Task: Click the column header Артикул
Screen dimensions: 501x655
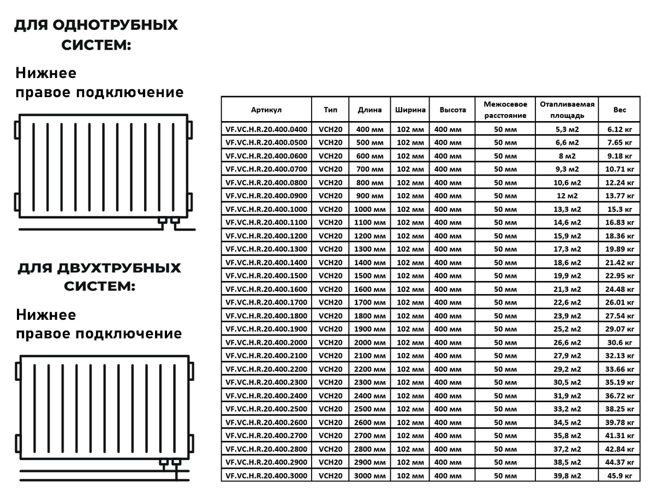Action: [266, 110]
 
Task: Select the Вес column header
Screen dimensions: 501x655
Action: [620, 110]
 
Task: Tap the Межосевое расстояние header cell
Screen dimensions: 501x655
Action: [505, 110]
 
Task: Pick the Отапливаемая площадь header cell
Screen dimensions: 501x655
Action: [567, 110]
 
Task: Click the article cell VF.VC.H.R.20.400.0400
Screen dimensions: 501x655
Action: [266, 129]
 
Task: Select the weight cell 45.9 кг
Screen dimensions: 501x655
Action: [620, 476]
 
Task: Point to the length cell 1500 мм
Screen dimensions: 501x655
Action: [370, 276]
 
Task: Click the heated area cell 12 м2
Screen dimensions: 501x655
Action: [567, 196]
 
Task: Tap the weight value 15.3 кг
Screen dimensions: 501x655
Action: [620, 209]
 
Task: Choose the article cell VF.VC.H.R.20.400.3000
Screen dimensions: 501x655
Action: [266, 476]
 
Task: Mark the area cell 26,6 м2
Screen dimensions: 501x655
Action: [567, 342]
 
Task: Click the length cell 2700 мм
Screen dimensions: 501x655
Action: [370, 436]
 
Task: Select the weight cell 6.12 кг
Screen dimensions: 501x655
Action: [620, 129]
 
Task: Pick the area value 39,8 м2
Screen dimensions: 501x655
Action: [567, 476]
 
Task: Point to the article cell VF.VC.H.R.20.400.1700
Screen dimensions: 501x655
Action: [266, 302]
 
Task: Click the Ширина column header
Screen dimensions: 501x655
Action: [410, 110]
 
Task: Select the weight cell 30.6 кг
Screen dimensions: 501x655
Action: [620, 342]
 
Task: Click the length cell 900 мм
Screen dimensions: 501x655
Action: [370, 196]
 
